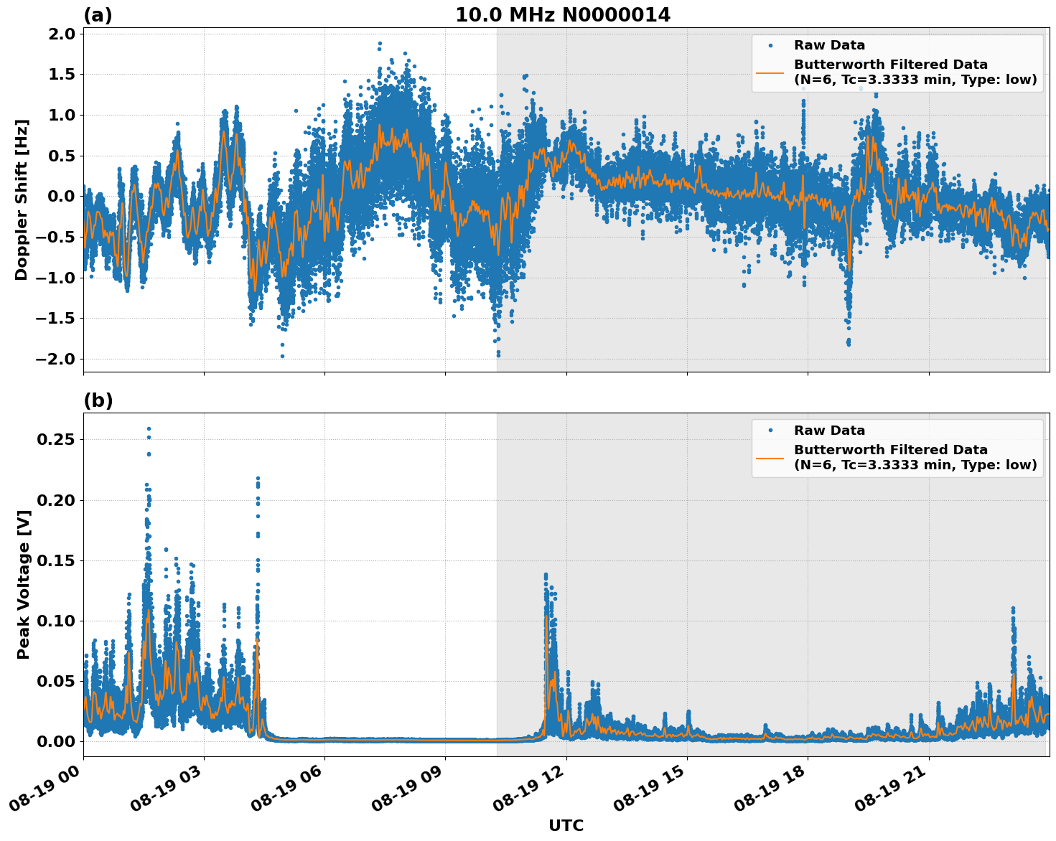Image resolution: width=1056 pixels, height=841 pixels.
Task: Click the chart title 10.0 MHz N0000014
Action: tap(563, 15)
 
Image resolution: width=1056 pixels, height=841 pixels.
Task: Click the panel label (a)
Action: tap(98, 15)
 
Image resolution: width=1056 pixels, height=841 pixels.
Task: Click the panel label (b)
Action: tap(98, 400)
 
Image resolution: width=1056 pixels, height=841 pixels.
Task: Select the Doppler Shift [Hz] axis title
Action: tap(22, 199)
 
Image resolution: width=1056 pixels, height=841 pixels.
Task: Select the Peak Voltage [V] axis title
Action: tap(23, 584)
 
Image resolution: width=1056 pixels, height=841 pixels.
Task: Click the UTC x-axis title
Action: tap(566, 825)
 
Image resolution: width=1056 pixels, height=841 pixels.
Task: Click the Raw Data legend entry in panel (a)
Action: tap(829, 45)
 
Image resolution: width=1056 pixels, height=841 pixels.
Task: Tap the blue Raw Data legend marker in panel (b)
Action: tap(770, 431)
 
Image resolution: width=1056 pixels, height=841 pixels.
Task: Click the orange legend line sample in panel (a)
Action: tap(770, 72)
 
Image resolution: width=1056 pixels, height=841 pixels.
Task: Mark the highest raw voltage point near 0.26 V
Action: tap(149, 429)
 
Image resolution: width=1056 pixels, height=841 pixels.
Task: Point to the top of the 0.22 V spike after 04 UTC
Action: tap(258, 478)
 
